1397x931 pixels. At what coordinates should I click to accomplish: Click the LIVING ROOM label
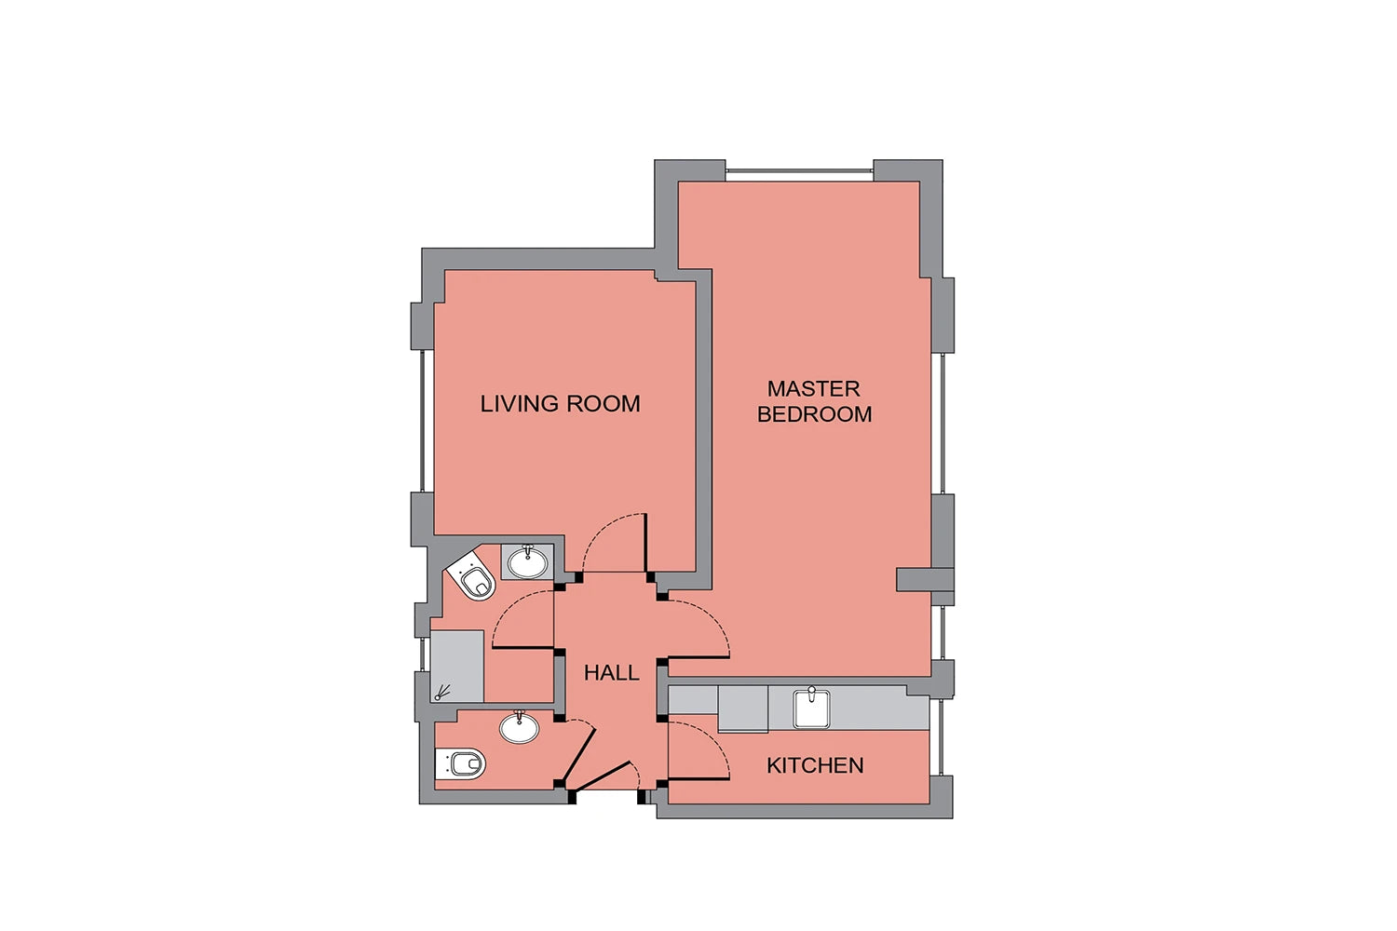point(560,403)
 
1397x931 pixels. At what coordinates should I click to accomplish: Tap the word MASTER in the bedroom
point(813,388)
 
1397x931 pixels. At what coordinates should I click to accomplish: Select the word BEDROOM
point(815,414)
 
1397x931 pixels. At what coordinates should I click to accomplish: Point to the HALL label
point(611,672)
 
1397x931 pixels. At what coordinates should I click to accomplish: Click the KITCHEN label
point(815,765)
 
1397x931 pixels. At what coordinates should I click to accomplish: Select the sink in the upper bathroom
point(528,561)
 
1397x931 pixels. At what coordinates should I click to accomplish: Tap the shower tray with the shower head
point(457,666)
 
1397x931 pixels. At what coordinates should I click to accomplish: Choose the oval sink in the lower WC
point(519,727)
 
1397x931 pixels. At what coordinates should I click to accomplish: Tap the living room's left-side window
point(424,421)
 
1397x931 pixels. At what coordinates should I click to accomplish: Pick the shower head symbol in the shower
point(442,692)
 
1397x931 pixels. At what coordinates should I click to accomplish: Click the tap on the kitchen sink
point(811,691)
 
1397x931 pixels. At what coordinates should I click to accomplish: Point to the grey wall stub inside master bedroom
point(925,579)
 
